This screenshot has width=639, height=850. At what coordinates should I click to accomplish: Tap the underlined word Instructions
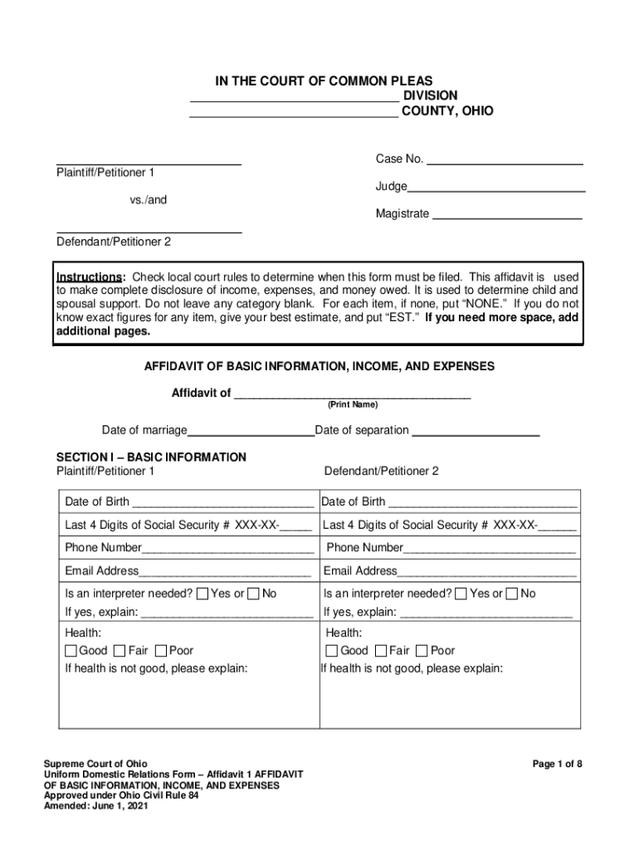90,276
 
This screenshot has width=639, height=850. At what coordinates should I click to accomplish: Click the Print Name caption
352,404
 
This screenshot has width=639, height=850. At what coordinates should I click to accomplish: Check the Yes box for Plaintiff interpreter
202,594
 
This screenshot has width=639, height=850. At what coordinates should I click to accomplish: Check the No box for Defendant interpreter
512,594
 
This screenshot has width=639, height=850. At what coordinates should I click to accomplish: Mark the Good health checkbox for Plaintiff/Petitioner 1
71,651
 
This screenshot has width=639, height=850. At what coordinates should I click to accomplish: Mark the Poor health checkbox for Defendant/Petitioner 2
422,651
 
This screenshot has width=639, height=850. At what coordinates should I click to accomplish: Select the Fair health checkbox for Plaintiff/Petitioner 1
120,651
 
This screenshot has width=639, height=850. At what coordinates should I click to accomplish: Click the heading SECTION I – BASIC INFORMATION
151,457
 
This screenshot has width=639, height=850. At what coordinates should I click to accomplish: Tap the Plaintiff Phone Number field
227,549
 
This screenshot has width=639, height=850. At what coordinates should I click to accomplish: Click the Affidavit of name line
352,394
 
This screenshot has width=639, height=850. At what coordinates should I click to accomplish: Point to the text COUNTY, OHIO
447,110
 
